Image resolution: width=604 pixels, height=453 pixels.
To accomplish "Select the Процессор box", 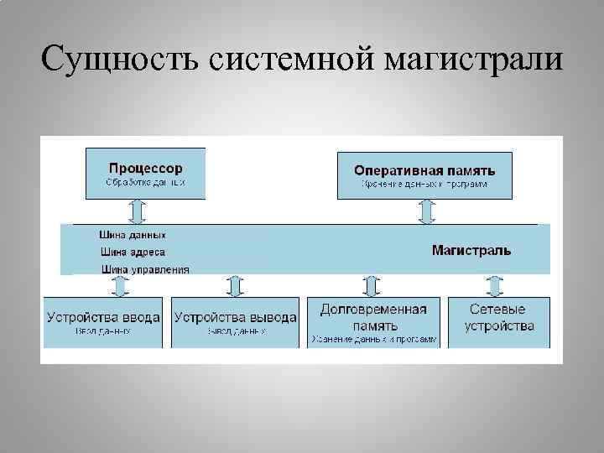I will pyautogui.click(x=145, y=173).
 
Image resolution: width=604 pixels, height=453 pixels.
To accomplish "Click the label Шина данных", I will pyautogui.click(x=133, y=236).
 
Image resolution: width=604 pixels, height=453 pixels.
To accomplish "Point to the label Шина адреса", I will pyautogui.click(x=133, y=252).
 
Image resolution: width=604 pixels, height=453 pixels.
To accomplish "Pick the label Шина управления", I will pyautogui.click(x=144, y=269).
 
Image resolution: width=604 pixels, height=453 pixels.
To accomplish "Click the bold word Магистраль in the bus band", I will pyautogui.click(x=471, y=250).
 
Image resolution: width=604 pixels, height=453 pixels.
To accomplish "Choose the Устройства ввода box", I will pyautogui.click(x=104, y=322).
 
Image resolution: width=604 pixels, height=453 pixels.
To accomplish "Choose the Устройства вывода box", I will pyautogui.click(x=235, y=322).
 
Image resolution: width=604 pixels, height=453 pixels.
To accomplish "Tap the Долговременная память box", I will pyautogui.click(x=373, y=322).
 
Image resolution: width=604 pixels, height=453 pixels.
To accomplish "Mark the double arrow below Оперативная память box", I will pyautogui.click(x=427, y=211).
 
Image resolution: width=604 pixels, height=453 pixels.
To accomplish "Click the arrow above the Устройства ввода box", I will pyautogui.click(x=119, y=285).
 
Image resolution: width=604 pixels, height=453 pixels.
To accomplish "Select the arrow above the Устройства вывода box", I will pyautogui.click(x=235, y=285).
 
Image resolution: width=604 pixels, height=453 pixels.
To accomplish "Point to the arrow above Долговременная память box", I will pyautogui.click(x=370, y=285).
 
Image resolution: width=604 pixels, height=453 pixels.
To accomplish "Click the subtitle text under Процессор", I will pyautogui.click(x=145, y=182).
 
